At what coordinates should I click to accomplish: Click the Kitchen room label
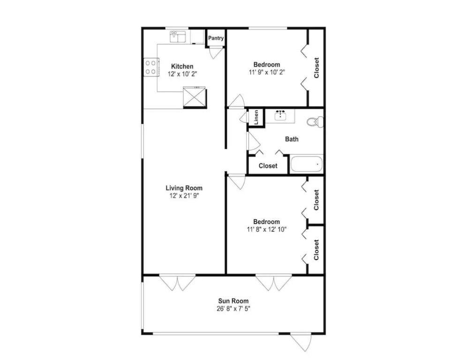[182, 67]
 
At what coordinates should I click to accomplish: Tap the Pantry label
[216, 38]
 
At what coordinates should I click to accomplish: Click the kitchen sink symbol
[178, 37]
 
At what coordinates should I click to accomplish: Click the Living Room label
[184, 188]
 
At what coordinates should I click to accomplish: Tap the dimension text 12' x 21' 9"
[184, 195]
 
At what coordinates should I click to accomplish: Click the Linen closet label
[256, 117]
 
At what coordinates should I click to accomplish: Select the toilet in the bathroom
[315, 122]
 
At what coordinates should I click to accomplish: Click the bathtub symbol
[306, 164]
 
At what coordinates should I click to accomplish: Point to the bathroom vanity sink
[280, 115]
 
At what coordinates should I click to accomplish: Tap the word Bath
[292, 139]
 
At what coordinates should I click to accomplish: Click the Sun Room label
[233, 301]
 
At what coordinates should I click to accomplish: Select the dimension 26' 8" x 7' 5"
[233, 309]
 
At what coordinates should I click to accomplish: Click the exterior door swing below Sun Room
[301, 343]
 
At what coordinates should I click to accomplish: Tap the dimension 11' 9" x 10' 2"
[267, 72]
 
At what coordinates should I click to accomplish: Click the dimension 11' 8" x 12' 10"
[267, 229]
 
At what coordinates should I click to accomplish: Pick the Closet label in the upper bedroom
[316, 68]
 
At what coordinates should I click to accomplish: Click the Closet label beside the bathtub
[268, 166]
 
